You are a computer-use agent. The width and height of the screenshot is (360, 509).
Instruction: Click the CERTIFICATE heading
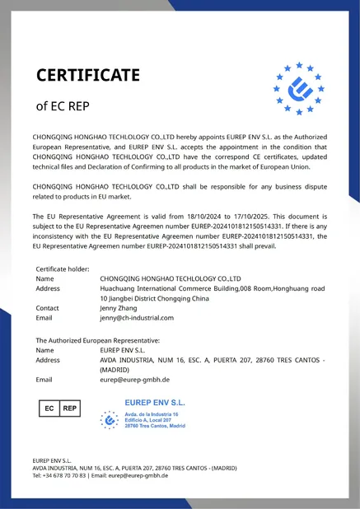(x=88, y=76)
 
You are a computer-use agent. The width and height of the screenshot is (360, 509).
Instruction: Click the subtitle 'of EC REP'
(x=63, y=106)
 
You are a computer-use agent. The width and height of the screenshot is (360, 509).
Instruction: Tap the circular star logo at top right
(x=298, y=88)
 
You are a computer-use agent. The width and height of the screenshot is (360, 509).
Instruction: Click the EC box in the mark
(x=49, y=408)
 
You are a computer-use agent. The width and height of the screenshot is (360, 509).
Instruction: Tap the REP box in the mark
(x=70, y=408)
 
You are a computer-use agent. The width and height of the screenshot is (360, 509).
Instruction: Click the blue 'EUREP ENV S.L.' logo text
(x=154, y=402)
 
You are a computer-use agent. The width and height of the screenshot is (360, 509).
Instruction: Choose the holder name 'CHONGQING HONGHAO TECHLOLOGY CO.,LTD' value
(x=170, y=279)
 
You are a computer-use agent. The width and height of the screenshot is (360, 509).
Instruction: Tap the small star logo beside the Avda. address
(x=109, y=419)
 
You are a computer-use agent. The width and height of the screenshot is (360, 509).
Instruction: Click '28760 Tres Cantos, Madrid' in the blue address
(x=154, y=427)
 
